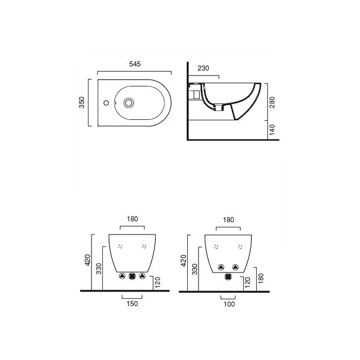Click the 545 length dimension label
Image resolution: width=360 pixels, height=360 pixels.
pos(135,64)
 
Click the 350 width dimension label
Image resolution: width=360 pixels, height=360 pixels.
pos(82,102)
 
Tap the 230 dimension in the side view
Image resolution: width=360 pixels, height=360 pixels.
pos(204,68)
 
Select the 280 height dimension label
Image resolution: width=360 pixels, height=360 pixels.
pos(272,102)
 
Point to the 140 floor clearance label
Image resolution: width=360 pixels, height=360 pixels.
pos(272,130)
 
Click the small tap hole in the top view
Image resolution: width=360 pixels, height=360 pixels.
pos(106,103)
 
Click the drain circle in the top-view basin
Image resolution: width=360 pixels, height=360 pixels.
pos(129,103)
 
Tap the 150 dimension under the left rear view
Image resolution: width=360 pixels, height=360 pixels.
pos(132,304)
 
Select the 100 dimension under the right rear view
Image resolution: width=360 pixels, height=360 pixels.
pos(229,304)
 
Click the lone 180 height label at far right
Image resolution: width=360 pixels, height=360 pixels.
pos(261,278)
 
